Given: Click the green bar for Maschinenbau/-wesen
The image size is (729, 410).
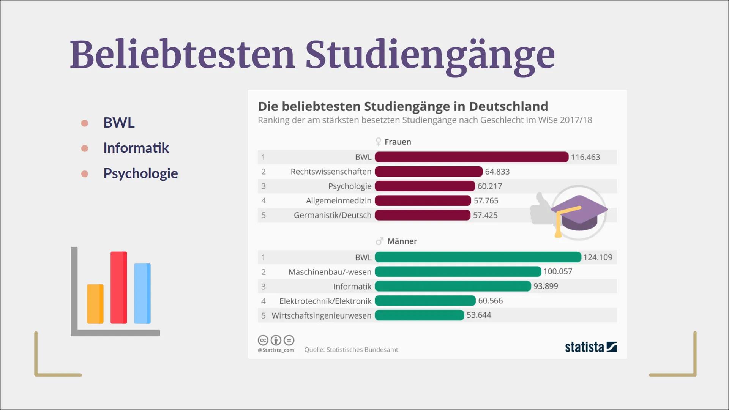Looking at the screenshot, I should pos(458,272).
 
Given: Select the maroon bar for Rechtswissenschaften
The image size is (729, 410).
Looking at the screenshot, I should pos(428,172).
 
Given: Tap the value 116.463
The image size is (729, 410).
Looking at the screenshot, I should pos(585,157).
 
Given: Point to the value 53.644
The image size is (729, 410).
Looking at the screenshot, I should pos(478,315).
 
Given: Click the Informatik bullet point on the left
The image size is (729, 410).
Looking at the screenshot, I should pos(136,148).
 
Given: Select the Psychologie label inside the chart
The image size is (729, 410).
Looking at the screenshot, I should pos(350,186).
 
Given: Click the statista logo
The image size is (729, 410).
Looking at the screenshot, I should pos(590,347).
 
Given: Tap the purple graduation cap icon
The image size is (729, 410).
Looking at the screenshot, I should pos(579,213).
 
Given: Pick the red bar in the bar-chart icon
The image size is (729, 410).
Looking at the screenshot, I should pos(119,287).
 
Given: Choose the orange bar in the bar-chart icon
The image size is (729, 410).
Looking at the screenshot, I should pos(95,304).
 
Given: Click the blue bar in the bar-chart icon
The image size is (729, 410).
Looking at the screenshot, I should pos(142,293).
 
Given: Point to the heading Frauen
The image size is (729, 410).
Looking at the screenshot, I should pos(398,142).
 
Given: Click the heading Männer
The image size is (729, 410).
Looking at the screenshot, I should pos(402,241).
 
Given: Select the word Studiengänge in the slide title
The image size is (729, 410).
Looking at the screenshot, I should pos(430,55).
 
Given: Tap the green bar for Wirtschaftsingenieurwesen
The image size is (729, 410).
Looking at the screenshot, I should pos(419,315).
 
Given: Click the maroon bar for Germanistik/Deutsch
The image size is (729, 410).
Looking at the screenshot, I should pos(422,215).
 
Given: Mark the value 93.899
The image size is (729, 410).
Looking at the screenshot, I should pos(546,286).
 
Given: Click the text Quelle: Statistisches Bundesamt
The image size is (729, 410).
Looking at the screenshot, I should pos(351,350).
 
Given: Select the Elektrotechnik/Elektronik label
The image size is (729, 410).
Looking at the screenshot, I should pos(325,301).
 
